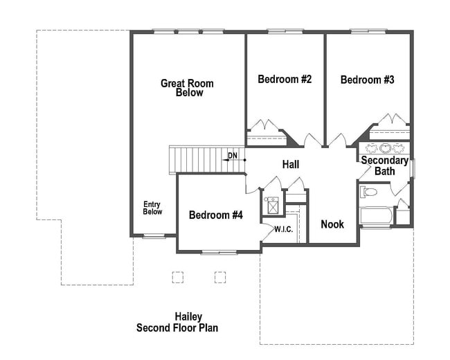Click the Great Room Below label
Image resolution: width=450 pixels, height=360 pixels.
pyautogui.click(x=187, y=88)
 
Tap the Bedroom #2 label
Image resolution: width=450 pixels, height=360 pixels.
pyautogui.click(x=285, y=80)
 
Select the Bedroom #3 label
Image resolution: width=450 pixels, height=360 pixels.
pyautogui.click(x=367, y=80)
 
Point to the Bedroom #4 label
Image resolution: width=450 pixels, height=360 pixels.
pyautogui.click(x=216, y=215)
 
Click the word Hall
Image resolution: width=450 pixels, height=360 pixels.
pyautogui.click(x=290, y=165)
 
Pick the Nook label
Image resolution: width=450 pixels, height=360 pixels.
pyautogui.click(x=332, y=224)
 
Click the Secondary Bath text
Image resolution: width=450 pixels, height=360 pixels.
pyautogui.click(x=384, y=165)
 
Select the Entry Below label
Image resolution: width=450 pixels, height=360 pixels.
pyautogui.click(x=152, y=208)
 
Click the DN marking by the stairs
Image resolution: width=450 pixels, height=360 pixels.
pyautogui.click(x=233, y=156)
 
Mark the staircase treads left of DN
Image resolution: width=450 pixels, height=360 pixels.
pyautogui.click(x=197, y=160)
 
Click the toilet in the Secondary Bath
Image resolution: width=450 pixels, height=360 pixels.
pyautogui.click(x=369, y=192)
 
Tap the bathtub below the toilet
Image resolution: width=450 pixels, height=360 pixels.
pyautogui.click(x=376, y=215)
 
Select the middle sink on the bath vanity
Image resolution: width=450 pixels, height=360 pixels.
pyautogui.click(x=384, y=148)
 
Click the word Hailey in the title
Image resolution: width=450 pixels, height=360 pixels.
pyautogui.click(x=188, y=316)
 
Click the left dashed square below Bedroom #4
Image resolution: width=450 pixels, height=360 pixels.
pyautogui.click(x=178, y=277)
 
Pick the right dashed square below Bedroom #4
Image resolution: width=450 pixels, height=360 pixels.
pyautogui.click(x=220, y=277)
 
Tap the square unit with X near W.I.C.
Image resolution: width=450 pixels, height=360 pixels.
pyautogui.click(x=273, y=206)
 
